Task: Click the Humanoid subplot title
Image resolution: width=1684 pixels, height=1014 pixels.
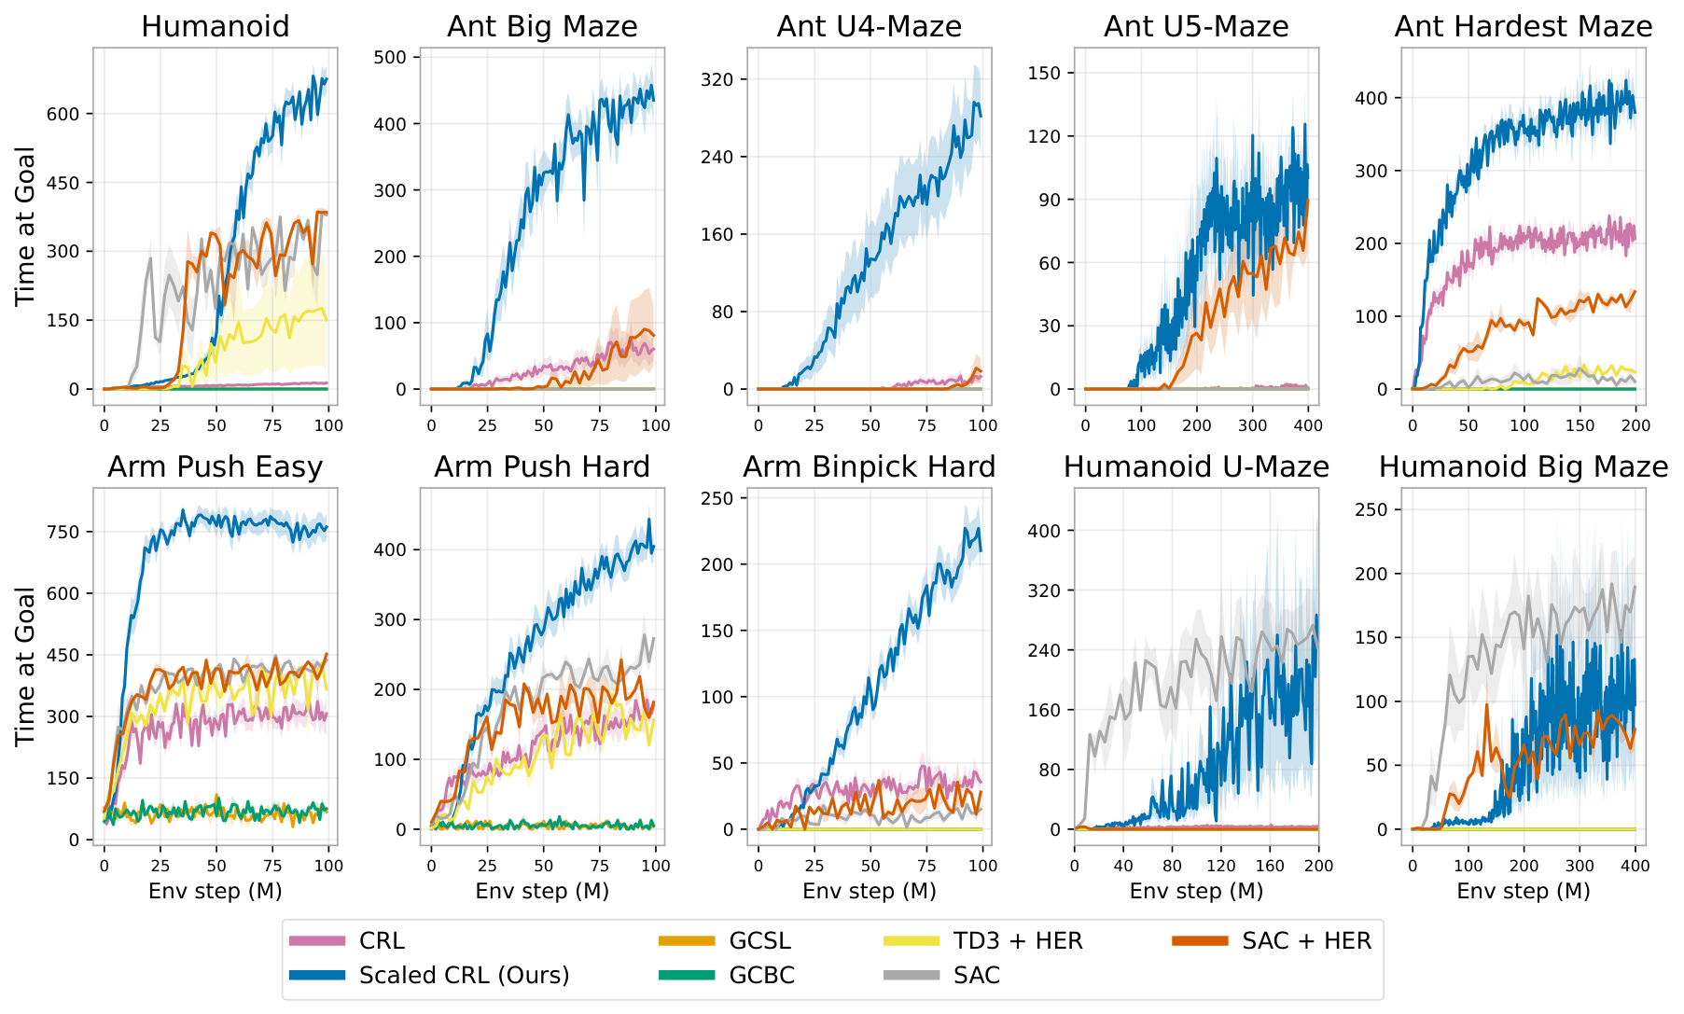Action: tap(215, 26)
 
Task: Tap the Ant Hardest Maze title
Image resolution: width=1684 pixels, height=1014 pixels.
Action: tap(1523, 26)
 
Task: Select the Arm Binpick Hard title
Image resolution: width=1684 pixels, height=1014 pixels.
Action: tap(869, 466)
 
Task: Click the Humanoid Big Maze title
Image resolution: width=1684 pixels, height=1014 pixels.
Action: tap(1523, 466)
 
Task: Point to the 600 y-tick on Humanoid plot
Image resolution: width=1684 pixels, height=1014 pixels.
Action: tap(70, 114)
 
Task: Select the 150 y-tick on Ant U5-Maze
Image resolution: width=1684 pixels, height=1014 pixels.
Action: tap(1050, 73)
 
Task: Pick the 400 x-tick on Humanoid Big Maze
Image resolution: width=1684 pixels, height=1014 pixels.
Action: tap(1635, 866)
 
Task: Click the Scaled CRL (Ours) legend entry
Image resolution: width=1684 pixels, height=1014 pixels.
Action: tap(464, 976)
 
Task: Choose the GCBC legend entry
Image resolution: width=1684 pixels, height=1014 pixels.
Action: tap(762, 976)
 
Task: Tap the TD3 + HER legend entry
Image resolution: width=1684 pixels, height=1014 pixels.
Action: tap(1018, 941)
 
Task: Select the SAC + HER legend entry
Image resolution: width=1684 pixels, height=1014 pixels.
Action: tap(1306, 941)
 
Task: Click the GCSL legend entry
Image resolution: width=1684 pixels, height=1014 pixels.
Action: tap(759, 941)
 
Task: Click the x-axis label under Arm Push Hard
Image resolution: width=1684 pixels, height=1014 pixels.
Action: tap(542, 891)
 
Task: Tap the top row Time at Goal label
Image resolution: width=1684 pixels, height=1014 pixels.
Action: tap(25, 226)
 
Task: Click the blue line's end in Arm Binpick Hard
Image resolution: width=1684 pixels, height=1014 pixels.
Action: tap(981, 550)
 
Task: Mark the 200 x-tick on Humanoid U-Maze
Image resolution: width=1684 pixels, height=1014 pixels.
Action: tap(1318, 866)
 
